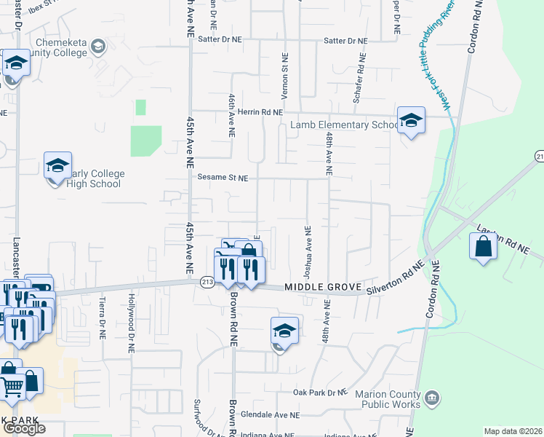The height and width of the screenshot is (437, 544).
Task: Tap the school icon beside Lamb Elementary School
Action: tap(411, 120)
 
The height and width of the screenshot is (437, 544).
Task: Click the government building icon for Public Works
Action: tap(432, 398)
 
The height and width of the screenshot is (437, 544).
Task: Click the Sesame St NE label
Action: tap(223, 177)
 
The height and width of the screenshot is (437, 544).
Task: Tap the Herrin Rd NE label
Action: tap(259, 112)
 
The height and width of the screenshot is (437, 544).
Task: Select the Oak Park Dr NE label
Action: tap(321, 393)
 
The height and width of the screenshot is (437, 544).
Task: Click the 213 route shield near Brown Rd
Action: tap(207, 283)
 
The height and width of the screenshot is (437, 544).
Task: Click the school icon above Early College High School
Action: tap(57, 166)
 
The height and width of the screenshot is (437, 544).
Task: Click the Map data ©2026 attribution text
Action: tap(513, 431)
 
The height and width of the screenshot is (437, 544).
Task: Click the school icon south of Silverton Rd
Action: tap(284, 331)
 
